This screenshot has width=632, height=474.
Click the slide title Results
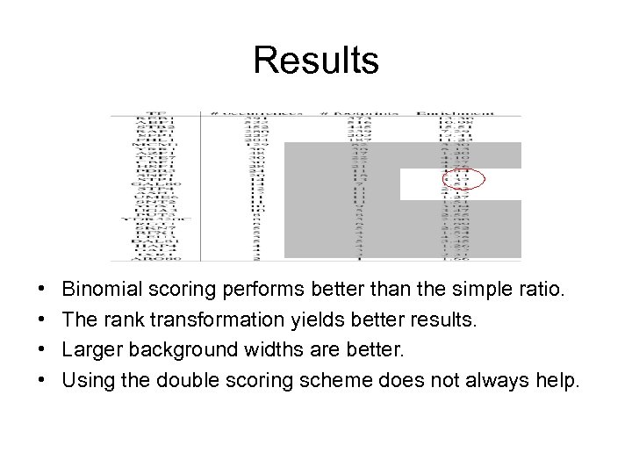(x=316, y=61)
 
